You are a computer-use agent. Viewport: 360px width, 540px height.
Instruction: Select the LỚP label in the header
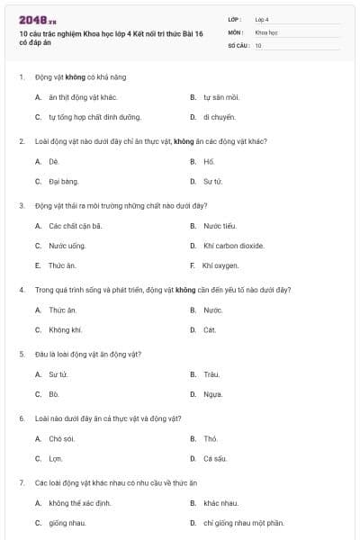[235, 18]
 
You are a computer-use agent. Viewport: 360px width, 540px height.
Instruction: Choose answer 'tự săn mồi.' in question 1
[221, 96]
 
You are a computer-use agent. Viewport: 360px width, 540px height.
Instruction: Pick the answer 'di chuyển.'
[220, 117]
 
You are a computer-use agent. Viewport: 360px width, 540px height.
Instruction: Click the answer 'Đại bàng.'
[64, 181]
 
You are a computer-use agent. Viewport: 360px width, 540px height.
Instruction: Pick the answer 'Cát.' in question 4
[210, 329]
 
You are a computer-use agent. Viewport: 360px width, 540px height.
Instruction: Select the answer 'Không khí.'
[65, 329]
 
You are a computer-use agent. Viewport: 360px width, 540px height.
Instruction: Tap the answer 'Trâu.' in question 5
[211, 373]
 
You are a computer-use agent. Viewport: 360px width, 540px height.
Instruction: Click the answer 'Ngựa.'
[212, 393]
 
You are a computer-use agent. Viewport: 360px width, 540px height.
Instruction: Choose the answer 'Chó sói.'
[62, 438]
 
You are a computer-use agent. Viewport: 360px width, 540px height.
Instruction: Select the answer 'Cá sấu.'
[214, 458]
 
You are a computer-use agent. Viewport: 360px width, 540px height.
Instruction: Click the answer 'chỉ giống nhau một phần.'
[243, 522]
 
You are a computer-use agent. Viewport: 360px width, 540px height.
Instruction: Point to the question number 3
[22, 205]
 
